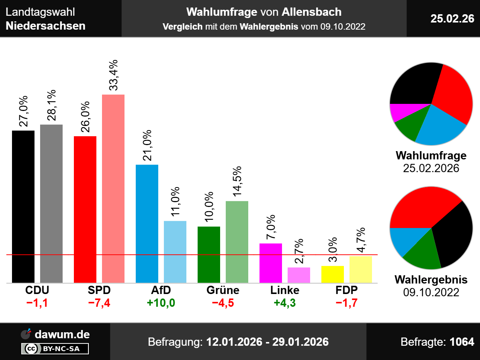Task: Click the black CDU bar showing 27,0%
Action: coord(23,206)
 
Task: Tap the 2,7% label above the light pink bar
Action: coord(299,251)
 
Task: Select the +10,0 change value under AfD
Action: coord(161,303)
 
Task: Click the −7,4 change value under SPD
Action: coord(99,303)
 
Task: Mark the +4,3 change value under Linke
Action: coord(285,303)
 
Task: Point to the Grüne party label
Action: coord(223,290)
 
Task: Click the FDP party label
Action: coord(346,290)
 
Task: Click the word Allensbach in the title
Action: coord(311,12)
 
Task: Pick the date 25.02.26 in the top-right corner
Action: coord(452,18)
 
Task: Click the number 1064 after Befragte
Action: coord(462,342)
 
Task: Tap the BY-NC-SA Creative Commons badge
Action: coord(55,349)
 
